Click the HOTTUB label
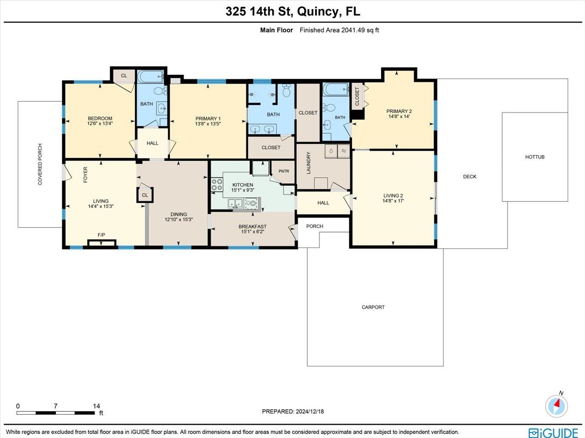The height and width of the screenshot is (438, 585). coord(535,157)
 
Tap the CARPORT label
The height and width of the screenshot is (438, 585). coord(373,307)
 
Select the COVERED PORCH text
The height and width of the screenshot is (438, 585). coord(40,164)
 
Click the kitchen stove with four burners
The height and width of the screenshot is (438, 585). coord(217,185)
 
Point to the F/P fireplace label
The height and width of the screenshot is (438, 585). coord(101,235)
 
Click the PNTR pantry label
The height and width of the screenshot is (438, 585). coord(284,171)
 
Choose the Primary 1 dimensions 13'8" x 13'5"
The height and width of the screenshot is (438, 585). coord(208,124)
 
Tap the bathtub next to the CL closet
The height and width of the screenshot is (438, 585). coord(150,76)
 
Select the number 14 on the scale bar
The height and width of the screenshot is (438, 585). coord(96,406)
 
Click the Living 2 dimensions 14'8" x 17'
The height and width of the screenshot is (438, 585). coord(393,201)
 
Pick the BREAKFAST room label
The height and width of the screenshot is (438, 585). coord(252,227)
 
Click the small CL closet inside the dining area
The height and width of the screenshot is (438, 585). coord(145,195)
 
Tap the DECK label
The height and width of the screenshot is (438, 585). coord(469,177)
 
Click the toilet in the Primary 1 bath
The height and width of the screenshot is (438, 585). coord(286,91)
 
